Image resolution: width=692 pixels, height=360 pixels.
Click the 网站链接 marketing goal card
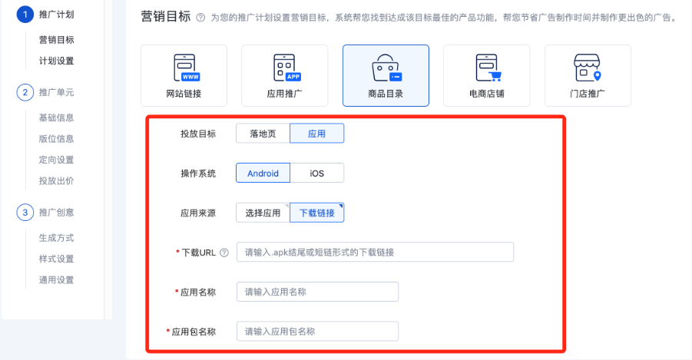pyautogui.click(x=184, y=75)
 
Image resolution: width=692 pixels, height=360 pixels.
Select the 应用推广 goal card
pyautogui.click(x=284, y=75)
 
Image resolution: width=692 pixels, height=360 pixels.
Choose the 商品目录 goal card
pyautogui.click(x=386, y=75)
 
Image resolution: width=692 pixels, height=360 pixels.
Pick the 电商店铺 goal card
pyautogui.click(x=486, y=75)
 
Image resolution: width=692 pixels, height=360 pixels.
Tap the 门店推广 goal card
pyautogui.click(x=588, y=75)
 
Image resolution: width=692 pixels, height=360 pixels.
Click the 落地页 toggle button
pyautogui.click(x=263, y=134)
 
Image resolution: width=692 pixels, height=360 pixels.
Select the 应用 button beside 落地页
pyautogui.click(x=316, y=134)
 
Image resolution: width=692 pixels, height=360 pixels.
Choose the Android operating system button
pyautogui.click(x=263, y=173)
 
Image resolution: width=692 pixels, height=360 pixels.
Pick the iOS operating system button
pyautogui.click(x=316, y=173)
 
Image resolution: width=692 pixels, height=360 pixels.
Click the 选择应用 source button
pyautogui.click(x=263, y=213)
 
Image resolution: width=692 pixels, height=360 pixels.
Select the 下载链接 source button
pyautogui.click(x=316, y=213)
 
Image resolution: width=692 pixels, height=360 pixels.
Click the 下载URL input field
pyautogui.click(x=375, y=252)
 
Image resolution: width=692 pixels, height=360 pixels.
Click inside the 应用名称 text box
pyautogui.click(x=317, y=292)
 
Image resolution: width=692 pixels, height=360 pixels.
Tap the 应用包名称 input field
pyautogui.click(x=317, y=332)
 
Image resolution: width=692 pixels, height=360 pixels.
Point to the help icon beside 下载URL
pyautogui.click(x=224, y=253)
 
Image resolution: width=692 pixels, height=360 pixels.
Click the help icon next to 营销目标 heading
pyautogui.click(x=200, y=17)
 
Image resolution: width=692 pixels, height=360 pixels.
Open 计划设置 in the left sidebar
pyautogui.click(x=56, y=61)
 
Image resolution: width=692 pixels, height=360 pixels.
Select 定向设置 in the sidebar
pyautogui.click(x=56, y=160)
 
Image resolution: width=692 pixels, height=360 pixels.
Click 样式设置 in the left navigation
pyautogui.click(x=56, y=259)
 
